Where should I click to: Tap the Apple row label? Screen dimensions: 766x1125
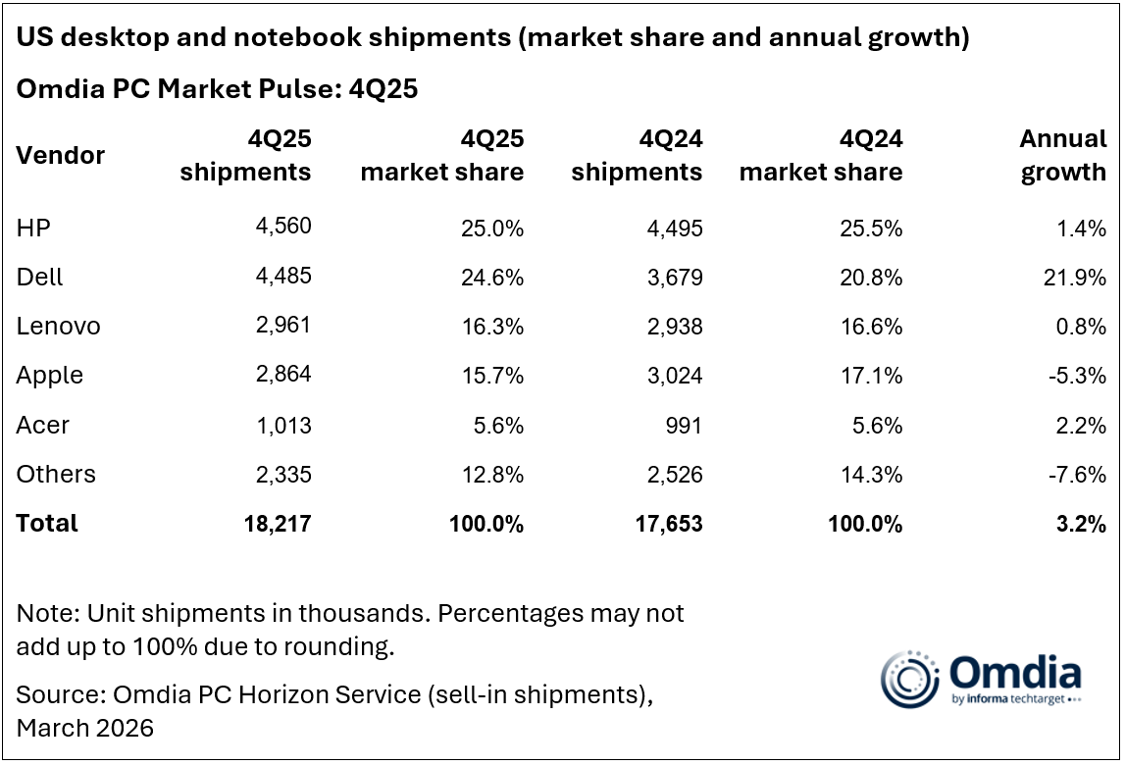point(50,376)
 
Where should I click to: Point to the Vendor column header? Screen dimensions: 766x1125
point(60,155)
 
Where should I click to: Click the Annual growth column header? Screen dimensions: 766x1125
point(1063,155)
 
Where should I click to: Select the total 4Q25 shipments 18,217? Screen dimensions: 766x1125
point(279,523)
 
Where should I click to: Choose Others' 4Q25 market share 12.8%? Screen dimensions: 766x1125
point(492,474)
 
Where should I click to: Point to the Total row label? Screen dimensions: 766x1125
point(47,523)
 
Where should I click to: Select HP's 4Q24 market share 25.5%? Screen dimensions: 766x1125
point(871,229)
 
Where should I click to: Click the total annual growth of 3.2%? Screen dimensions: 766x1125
point(1084,523)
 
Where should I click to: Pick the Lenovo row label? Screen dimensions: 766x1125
point(59,327)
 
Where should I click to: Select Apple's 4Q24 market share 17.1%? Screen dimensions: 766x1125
point(872,376)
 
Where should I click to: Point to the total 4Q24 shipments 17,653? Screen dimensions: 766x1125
point(670,523)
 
